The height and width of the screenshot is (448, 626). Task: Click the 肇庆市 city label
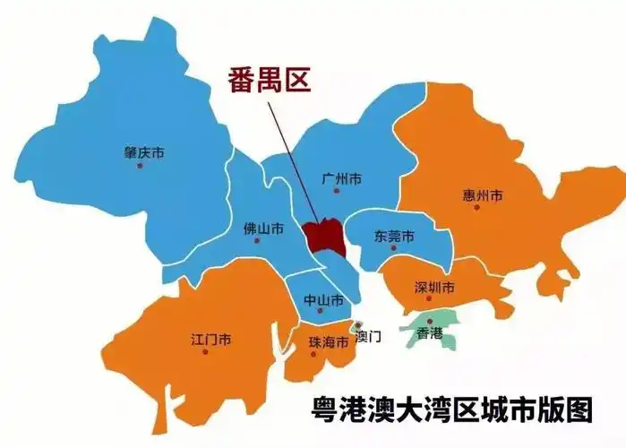click(x=143, y=153)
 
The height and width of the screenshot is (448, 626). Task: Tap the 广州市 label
click(x=341, y=179)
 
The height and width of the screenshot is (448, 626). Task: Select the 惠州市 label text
click(x=483, y=195)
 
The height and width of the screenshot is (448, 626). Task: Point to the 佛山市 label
click(x=263, y=229)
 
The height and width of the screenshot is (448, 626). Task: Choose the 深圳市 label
click(x=435, y=288)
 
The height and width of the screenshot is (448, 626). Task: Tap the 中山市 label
click(x=323, y=299)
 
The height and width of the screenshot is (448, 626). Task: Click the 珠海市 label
click(x=327, y=341)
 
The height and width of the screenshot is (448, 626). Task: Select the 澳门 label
click(x=368, y=337)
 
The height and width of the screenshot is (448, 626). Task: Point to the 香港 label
click(x=430, y=333)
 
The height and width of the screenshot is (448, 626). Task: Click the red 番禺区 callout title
click(x=265, y=82)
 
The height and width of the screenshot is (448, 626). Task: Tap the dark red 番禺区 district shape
click(x=323, y=236)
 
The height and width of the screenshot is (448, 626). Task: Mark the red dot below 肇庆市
click(x=140, y=166)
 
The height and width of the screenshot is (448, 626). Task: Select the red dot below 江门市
click(x=206, y=352)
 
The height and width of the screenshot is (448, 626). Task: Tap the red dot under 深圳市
click(x=431, y=299)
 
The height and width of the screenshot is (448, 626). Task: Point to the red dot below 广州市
click(x=338, y=191)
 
